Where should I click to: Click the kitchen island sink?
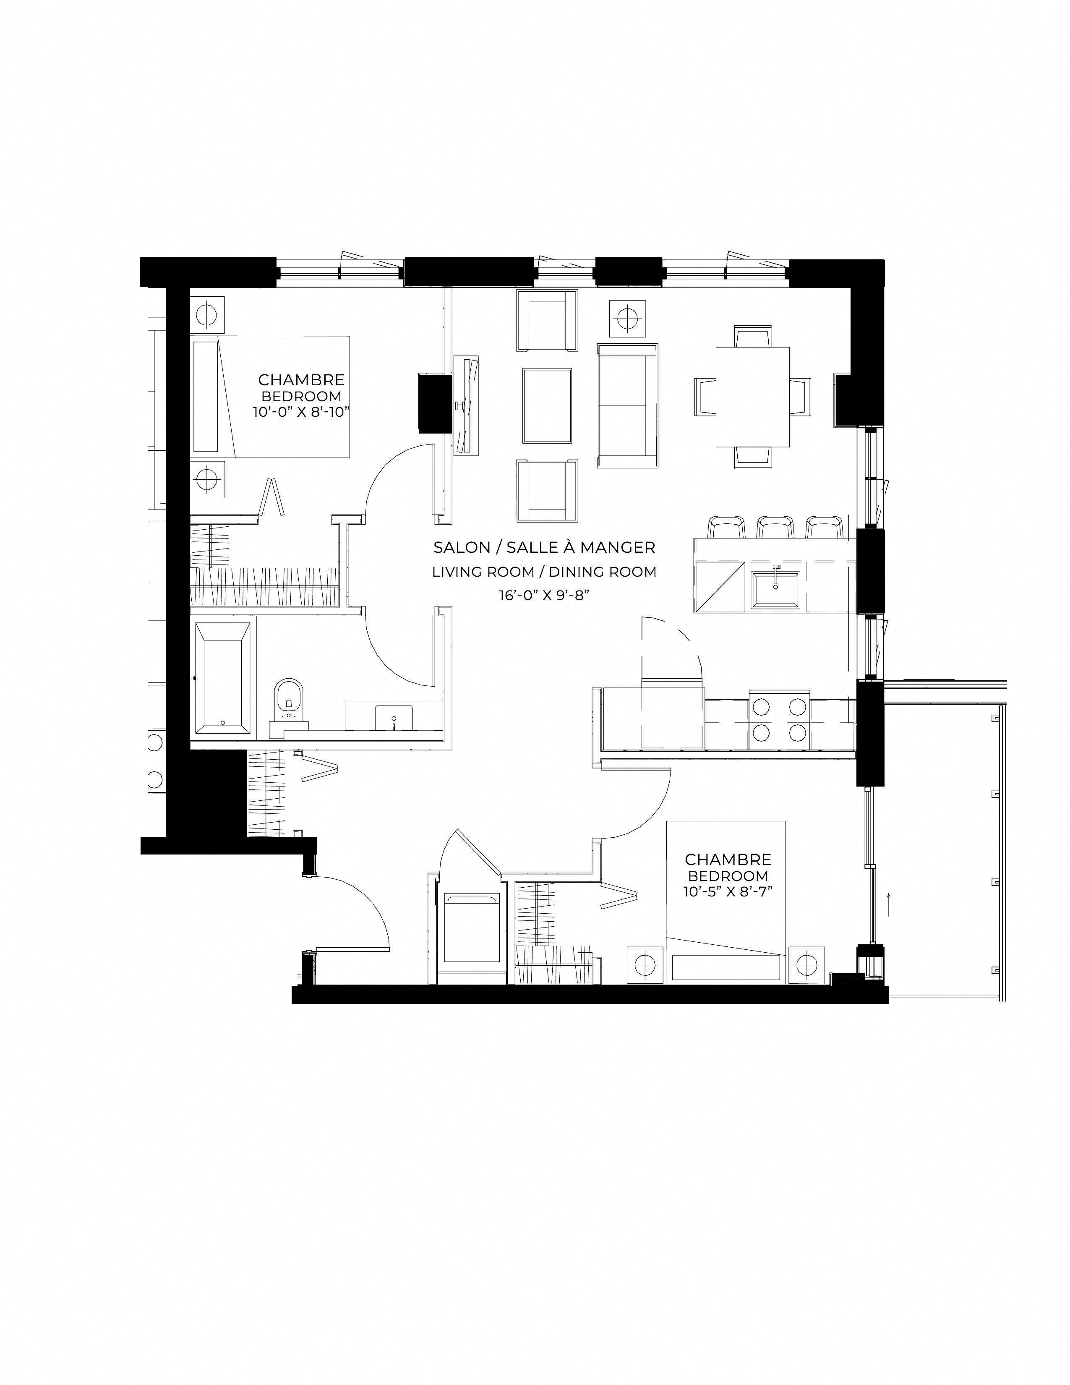[775, 590]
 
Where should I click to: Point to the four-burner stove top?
[779, 719]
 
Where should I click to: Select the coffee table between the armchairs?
[548, 405]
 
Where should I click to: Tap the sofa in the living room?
[627, 406]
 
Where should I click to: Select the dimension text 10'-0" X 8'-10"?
[301, 412]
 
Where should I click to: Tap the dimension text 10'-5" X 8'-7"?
[728, 891]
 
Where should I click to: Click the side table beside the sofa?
[628, 318]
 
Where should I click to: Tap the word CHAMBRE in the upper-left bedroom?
[301, 380]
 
